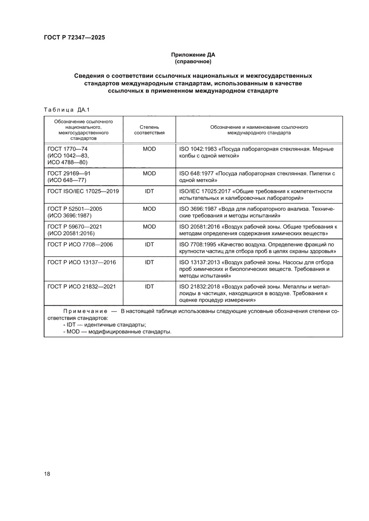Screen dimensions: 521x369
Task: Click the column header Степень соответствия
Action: (x=149, y=130)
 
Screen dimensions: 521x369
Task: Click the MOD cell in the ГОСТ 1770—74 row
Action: (x=149, y=149)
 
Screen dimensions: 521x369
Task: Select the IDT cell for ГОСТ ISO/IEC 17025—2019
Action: (x=149, y=191)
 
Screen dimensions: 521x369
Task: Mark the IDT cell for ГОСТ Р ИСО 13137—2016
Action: (x=149, y=262)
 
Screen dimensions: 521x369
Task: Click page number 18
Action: (x=47, y=473)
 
